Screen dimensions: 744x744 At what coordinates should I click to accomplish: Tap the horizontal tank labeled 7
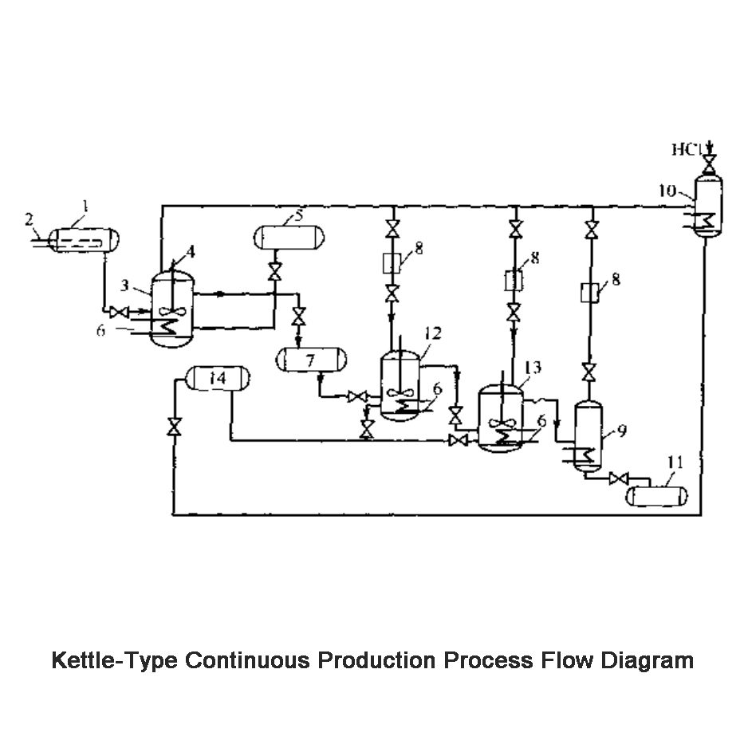[310, 360]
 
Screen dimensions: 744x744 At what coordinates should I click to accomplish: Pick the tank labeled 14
[216, 378]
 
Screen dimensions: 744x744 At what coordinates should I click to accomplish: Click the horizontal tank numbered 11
[656, 496]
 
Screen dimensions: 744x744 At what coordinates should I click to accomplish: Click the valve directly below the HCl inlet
[707, 163]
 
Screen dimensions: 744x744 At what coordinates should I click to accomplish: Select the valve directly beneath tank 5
[275, 271]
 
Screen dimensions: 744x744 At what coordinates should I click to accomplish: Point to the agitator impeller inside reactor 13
[500, 423]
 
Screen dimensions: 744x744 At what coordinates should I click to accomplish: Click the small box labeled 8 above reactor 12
[392, 262]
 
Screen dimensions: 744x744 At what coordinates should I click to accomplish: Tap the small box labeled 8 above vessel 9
[589, 292]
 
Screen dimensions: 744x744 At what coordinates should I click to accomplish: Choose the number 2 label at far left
[29, 218]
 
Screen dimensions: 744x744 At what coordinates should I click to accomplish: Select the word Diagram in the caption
[646, 661]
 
